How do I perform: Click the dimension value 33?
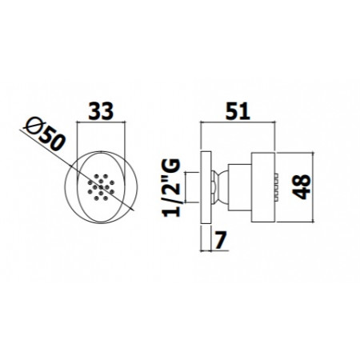click(101, 110)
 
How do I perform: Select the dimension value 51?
click(238, 110)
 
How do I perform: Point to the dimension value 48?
click(303, 186)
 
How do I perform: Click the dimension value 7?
click(221, 240)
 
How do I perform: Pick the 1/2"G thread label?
click(171, 188)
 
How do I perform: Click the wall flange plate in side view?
click(206, 188)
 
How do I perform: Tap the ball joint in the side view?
click(222, 188)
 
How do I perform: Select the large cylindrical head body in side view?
click(263, 187)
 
